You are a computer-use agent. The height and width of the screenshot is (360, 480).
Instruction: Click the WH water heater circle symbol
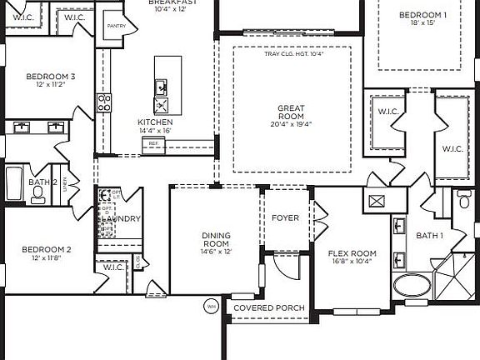[210, 307]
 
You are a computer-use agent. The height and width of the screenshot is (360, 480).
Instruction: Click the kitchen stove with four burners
[105, 102]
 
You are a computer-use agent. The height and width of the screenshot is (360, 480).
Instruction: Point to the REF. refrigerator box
[153, 144]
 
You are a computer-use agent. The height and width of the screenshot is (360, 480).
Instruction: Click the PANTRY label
[116, 26]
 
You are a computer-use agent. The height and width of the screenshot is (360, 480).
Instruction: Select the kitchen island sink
[162, 86]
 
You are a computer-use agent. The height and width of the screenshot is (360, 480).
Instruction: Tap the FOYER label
[285, 218]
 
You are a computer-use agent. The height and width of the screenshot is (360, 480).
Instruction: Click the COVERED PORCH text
[268, 307]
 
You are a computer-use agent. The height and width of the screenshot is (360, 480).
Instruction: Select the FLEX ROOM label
[352, 253]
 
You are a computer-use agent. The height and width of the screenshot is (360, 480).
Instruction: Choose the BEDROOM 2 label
[46, 249]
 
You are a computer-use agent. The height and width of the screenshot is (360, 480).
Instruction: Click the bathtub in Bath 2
[14, 184]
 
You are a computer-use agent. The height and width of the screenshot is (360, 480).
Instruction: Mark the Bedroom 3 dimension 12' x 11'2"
[50, 85]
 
